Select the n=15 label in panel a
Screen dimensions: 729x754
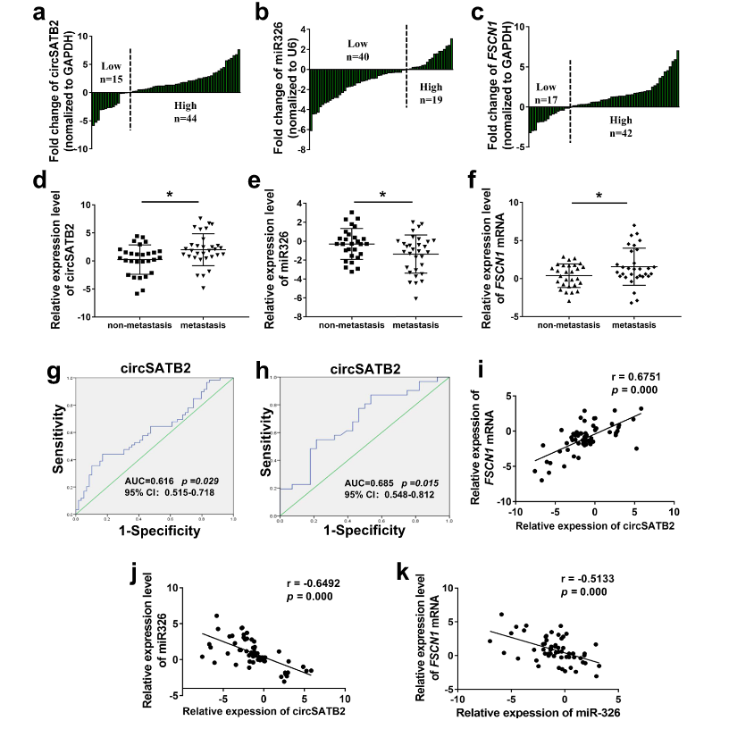point(113,80)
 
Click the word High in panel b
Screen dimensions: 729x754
point(431,87)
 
